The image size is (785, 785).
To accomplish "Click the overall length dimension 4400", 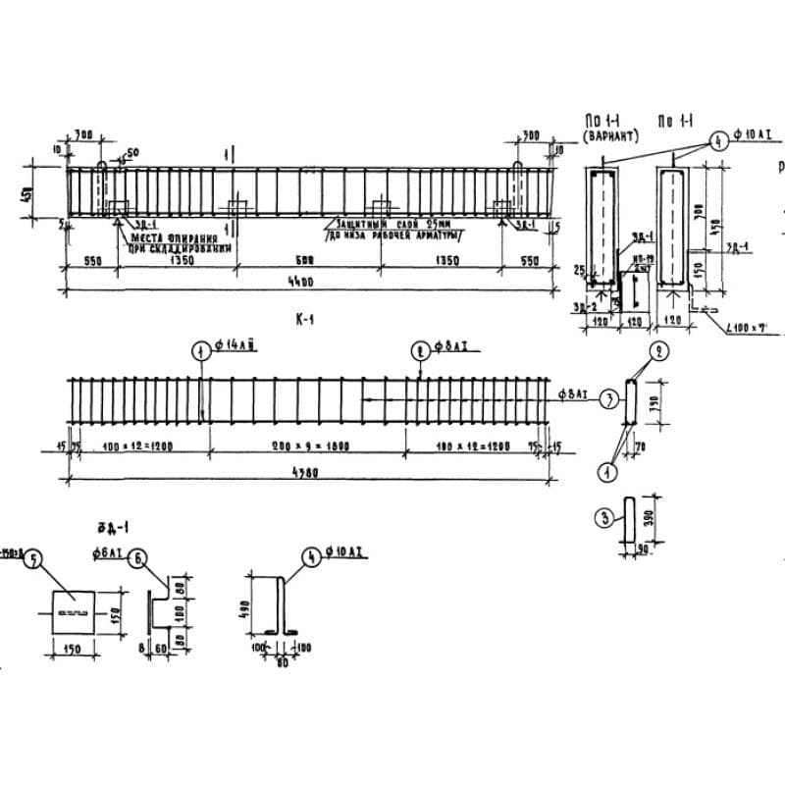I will [x=302, y=282].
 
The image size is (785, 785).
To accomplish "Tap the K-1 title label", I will [x=302, y=320].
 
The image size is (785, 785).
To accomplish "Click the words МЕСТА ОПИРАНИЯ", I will [x=158, y=238].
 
